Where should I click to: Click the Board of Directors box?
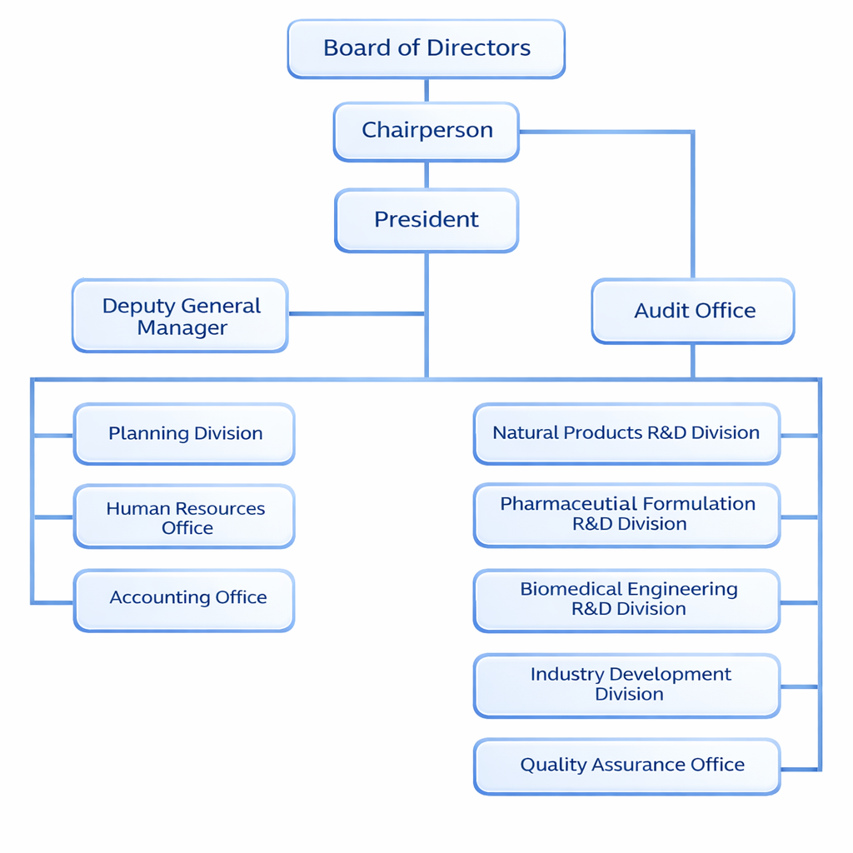point(426,49)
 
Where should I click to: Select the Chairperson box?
point(426,131)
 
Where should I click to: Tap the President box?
point(426,220)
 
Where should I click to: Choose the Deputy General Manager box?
point(180,317)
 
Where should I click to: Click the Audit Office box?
point(693,311)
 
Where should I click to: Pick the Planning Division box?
point(184,434)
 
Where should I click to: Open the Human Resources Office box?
point(184,517)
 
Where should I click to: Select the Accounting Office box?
point(184,599)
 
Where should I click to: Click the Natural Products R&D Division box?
point(626,434)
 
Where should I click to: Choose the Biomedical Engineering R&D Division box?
point(626,601)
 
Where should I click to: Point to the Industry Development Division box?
point(626,686)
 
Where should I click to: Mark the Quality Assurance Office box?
point(626,766)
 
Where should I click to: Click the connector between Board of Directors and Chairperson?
point(426,90)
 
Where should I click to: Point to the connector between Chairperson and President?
point(426,175)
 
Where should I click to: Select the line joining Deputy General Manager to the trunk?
point(357,314)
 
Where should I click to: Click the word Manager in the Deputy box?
point(182,328)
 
